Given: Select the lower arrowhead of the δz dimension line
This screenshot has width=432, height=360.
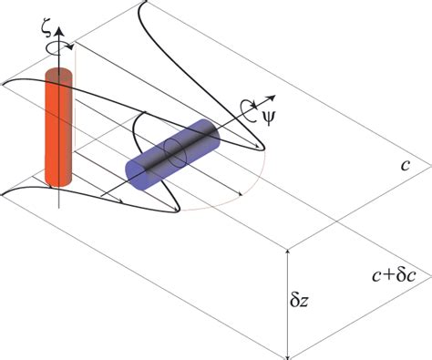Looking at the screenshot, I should pyautogui.click(x=288, y=354).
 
